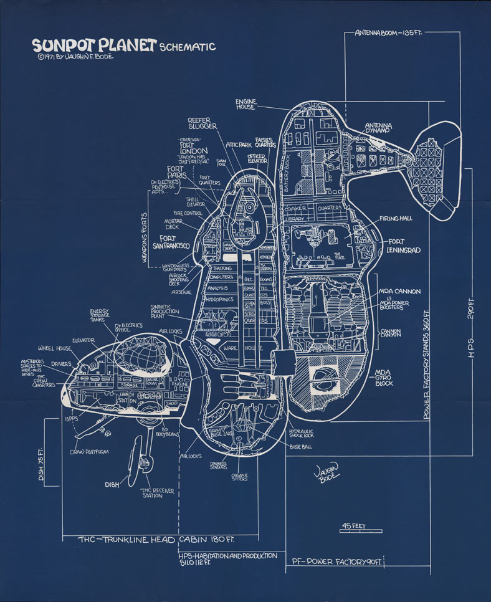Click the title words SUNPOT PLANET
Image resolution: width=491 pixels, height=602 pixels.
pos(93,45)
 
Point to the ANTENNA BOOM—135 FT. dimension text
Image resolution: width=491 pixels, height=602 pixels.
pos(388,32)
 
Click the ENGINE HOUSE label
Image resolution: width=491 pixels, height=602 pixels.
pos(245,104)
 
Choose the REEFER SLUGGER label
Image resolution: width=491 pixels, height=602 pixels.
pos(203,123)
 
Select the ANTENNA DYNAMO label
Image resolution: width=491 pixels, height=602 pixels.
pos(378,127)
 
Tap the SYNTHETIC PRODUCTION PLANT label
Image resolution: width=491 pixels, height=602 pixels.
pos(165,312)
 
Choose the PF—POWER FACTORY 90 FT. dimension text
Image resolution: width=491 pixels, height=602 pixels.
pos(337,562)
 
